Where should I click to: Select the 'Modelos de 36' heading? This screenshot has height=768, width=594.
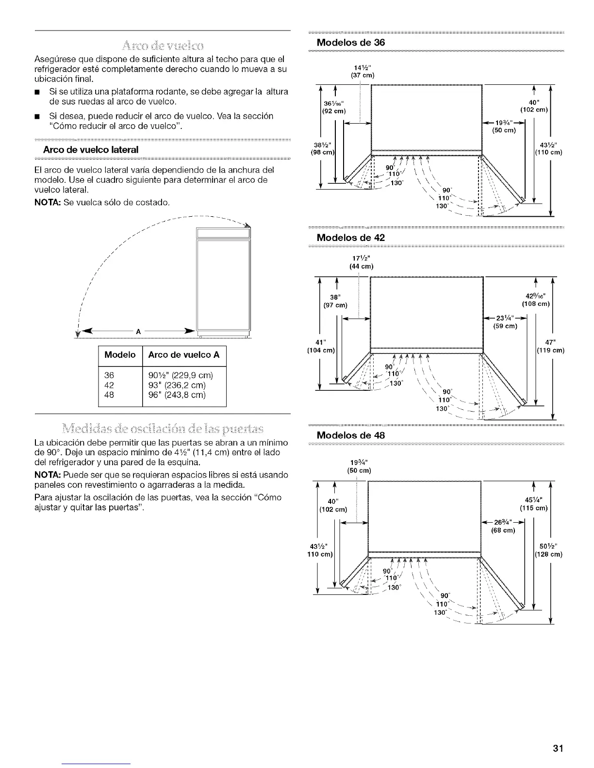(350, 42)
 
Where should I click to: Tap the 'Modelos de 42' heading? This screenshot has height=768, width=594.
(350, 238)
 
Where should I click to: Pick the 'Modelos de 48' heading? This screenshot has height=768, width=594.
(350, 435)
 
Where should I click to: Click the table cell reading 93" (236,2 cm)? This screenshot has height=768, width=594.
(177, 385)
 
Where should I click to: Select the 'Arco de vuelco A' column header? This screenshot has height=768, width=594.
(184, 355)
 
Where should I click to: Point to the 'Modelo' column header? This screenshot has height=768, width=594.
(120, 355)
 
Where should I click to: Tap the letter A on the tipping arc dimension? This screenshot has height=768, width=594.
(138, 332)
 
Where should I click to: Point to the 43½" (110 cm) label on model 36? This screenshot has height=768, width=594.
(549, 148)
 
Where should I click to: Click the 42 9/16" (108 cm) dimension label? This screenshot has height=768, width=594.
(535, 300)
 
